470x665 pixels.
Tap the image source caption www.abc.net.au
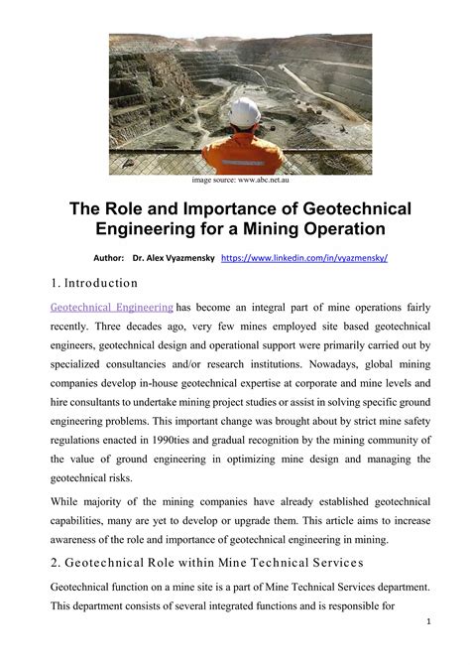click(x=234, y=181)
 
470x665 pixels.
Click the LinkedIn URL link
click(x=303, y=257)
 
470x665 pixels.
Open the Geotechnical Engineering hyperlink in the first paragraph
click(x=111, y=307)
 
